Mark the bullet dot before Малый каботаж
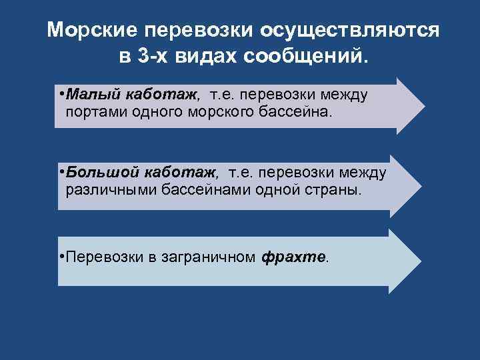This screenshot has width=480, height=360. click(x=61, y=95)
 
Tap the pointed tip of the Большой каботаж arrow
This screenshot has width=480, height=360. click(x=423, y=185)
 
